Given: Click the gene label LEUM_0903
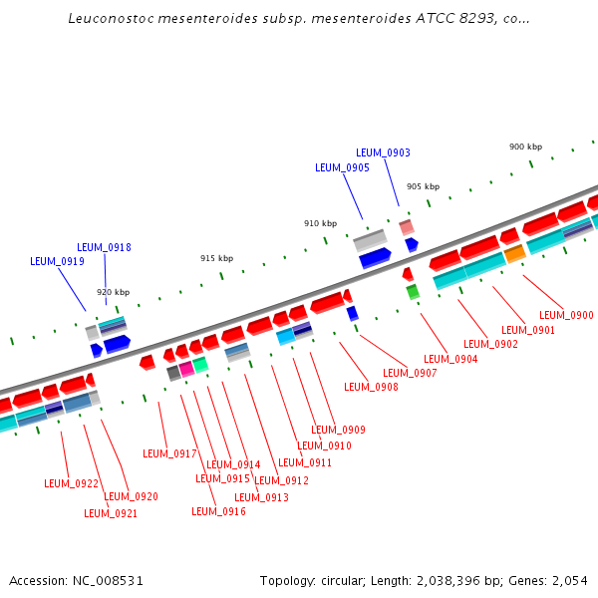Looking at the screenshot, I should point(383,152).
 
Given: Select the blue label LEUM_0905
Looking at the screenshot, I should point(342,167).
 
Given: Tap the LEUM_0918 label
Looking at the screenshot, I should point(104,247).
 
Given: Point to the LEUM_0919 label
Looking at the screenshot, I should point(57,261).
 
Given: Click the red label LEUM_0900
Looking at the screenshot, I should point(566,315).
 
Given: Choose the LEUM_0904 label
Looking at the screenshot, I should point(450,359).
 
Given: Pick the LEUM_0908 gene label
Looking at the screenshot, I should point(371,387).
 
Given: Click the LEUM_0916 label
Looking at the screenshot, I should point(218,511).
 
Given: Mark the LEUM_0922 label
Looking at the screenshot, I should point(71,483).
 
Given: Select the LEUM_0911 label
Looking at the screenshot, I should point(305,462).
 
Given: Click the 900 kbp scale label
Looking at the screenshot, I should point(525,147).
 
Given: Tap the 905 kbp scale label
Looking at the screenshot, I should point(423,186).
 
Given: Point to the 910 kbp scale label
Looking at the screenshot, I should point(320,223).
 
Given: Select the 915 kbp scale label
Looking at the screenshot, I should point(216,258).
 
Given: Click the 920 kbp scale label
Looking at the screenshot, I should point(113,292).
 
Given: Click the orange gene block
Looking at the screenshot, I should point(514,255).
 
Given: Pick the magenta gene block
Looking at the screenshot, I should point(186,369).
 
